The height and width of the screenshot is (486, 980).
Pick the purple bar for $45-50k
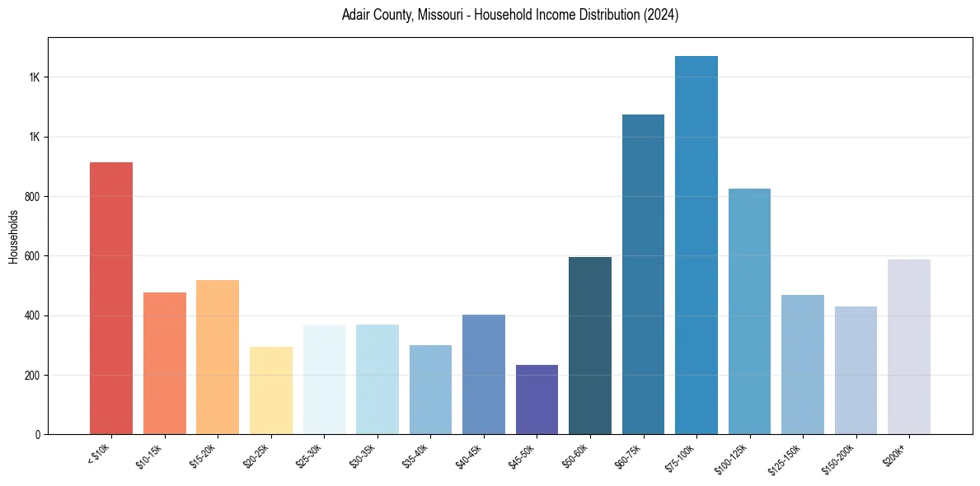[537, 400]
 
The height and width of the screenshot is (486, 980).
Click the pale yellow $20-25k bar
[271, 390]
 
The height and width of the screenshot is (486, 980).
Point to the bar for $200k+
[909, 347]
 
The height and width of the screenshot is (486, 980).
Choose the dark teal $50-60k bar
[590, 346]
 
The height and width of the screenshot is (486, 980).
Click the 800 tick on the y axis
[32, 197]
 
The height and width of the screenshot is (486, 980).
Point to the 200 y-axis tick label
[32, 376]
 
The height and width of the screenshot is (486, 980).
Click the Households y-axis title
[13, 236]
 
